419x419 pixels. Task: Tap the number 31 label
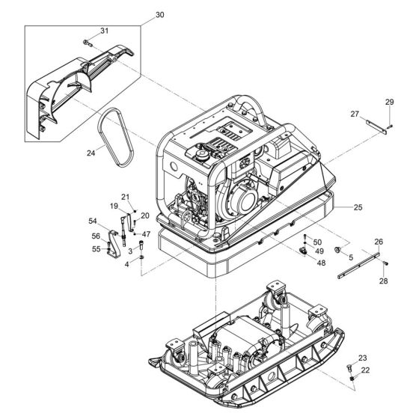[104, 31]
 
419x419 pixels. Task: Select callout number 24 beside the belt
[91, 153]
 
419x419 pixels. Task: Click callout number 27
[355, 114]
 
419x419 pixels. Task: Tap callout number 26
[379, 242]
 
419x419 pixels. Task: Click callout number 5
[350, 257]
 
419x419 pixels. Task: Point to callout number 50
[318, 242]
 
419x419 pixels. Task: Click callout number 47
[146, 234]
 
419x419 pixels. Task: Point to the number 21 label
[126, 197]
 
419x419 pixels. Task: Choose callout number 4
[127, 264]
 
